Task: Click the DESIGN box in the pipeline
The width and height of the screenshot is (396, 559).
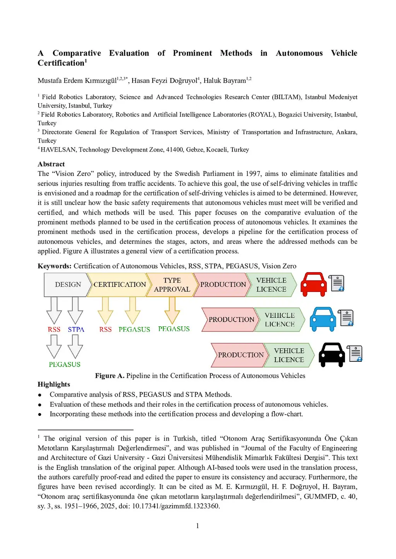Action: click(x=68, y=285)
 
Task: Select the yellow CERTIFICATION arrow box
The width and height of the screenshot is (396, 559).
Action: click(x=119, y=285)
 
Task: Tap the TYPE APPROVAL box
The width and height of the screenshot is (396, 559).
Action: click(x=172, y=285)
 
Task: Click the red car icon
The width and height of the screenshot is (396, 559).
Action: click(x=313, y=284)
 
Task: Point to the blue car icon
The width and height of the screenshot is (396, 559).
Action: click(x=323, y=319)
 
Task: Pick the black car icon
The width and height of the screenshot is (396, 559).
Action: click(x=331, y=354)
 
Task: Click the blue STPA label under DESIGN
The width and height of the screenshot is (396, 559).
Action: click(x=76, y=329)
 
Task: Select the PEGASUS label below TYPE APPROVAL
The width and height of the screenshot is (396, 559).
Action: click(x=174, y=329)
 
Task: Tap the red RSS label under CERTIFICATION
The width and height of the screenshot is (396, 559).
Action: click(x=105, y=329)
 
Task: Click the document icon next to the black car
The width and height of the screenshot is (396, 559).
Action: click(x=355, y=354)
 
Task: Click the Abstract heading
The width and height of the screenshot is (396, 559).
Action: click(x=51, y=164)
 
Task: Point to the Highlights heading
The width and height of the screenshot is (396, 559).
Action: click(x=54, y=384)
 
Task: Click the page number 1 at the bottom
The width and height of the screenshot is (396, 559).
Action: click(x=198, y=526)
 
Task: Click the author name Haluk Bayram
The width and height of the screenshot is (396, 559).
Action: click(x=225, y=80)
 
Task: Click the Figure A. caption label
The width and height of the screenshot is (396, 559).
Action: click(x=109, y=375)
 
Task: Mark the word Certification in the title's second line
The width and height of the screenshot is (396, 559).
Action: click(x=61, y=63)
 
